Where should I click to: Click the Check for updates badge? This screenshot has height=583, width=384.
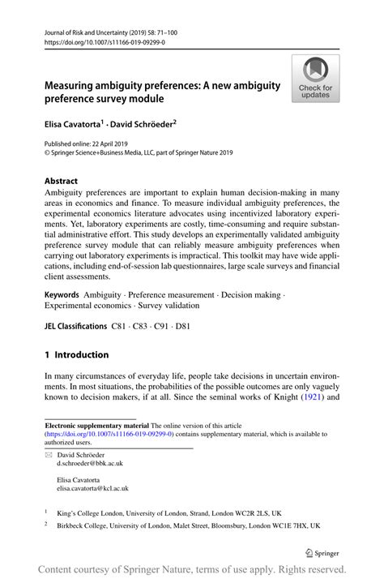point(315,80)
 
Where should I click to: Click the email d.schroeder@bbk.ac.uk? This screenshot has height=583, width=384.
point(89,463)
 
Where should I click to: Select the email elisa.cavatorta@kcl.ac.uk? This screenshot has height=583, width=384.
point(92,488)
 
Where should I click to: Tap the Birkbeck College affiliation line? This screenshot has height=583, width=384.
point(187,525)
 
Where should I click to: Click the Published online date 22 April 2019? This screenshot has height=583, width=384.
point(105,144)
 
